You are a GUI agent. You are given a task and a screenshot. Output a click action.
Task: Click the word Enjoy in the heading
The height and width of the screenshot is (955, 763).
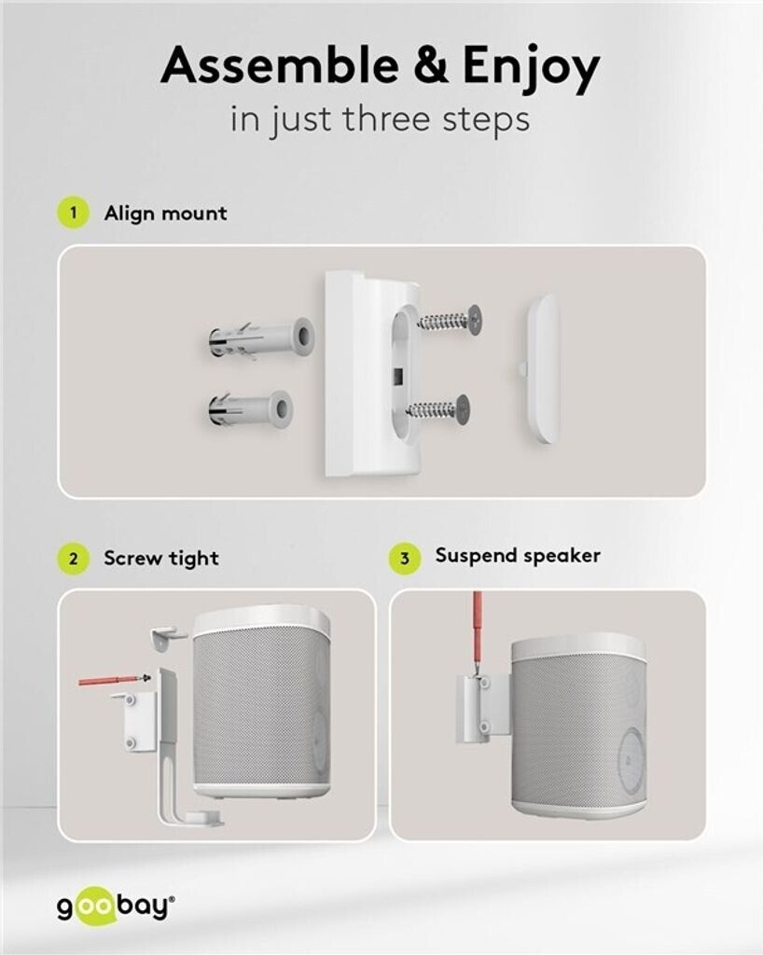click(531, 69)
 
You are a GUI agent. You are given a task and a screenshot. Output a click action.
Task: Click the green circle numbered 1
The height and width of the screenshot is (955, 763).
click(74, 213)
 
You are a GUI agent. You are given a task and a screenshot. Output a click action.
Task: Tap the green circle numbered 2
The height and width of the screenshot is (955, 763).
click(74, 558)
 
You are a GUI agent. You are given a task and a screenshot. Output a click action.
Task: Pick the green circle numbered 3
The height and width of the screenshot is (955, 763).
click(405, 558)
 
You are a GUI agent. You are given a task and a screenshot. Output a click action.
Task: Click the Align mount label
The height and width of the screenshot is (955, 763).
click(166, 214)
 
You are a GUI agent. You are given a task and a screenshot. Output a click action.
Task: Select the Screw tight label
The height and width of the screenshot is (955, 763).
click(161, 558)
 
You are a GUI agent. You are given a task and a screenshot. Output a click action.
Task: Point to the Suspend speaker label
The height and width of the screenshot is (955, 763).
click(518, 556)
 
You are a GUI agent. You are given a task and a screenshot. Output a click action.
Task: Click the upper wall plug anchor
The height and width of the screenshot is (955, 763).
click(260, 339)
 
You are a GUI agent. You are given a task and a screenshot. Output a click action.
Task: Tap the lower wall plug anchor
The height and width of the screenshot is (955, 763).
click(250, 408)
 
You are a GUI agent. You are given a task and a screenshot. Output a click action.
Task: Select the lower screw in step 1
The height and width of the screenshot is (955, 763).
click(438, 408)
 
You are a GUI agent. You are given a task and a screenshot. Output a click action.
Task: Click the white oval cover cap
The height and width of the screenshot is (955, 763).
click(543, 369)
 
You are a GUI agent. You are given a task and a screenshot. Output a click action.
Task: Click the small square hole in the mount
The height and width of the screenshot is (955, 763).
click(399, 377)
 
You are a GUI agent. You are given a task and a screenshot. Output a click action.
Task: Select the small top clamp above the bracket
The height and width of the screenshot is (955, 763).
click(168, 637)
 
